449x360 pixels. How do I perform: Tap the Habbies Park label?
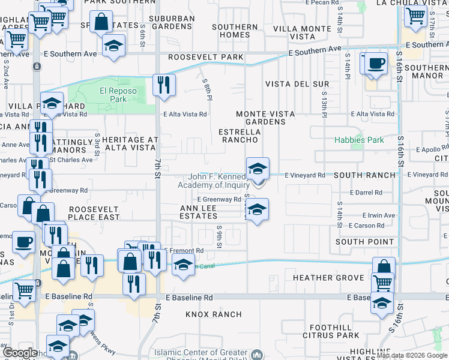[359, 140]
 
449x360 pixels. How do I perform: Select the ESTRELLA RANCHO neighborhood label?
[238, 135]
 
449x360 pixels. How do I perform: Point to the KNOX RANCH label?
[213, 314]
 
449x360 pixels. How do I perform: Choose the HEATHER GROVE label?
[328, 278]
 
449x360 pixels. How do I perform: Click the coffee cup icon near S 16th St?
[376, 63]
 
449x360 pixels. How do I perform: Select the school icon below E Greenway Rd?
[257, 210]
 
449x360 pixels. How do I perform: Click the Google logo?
[20, 353]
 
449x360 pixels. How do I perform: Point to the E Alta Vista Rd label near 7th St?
[185, 114]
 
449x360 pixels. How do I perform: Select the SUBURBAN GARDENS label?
[172, 22]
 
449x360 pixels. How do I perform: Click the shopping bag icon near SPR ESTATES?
[103, 22]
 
